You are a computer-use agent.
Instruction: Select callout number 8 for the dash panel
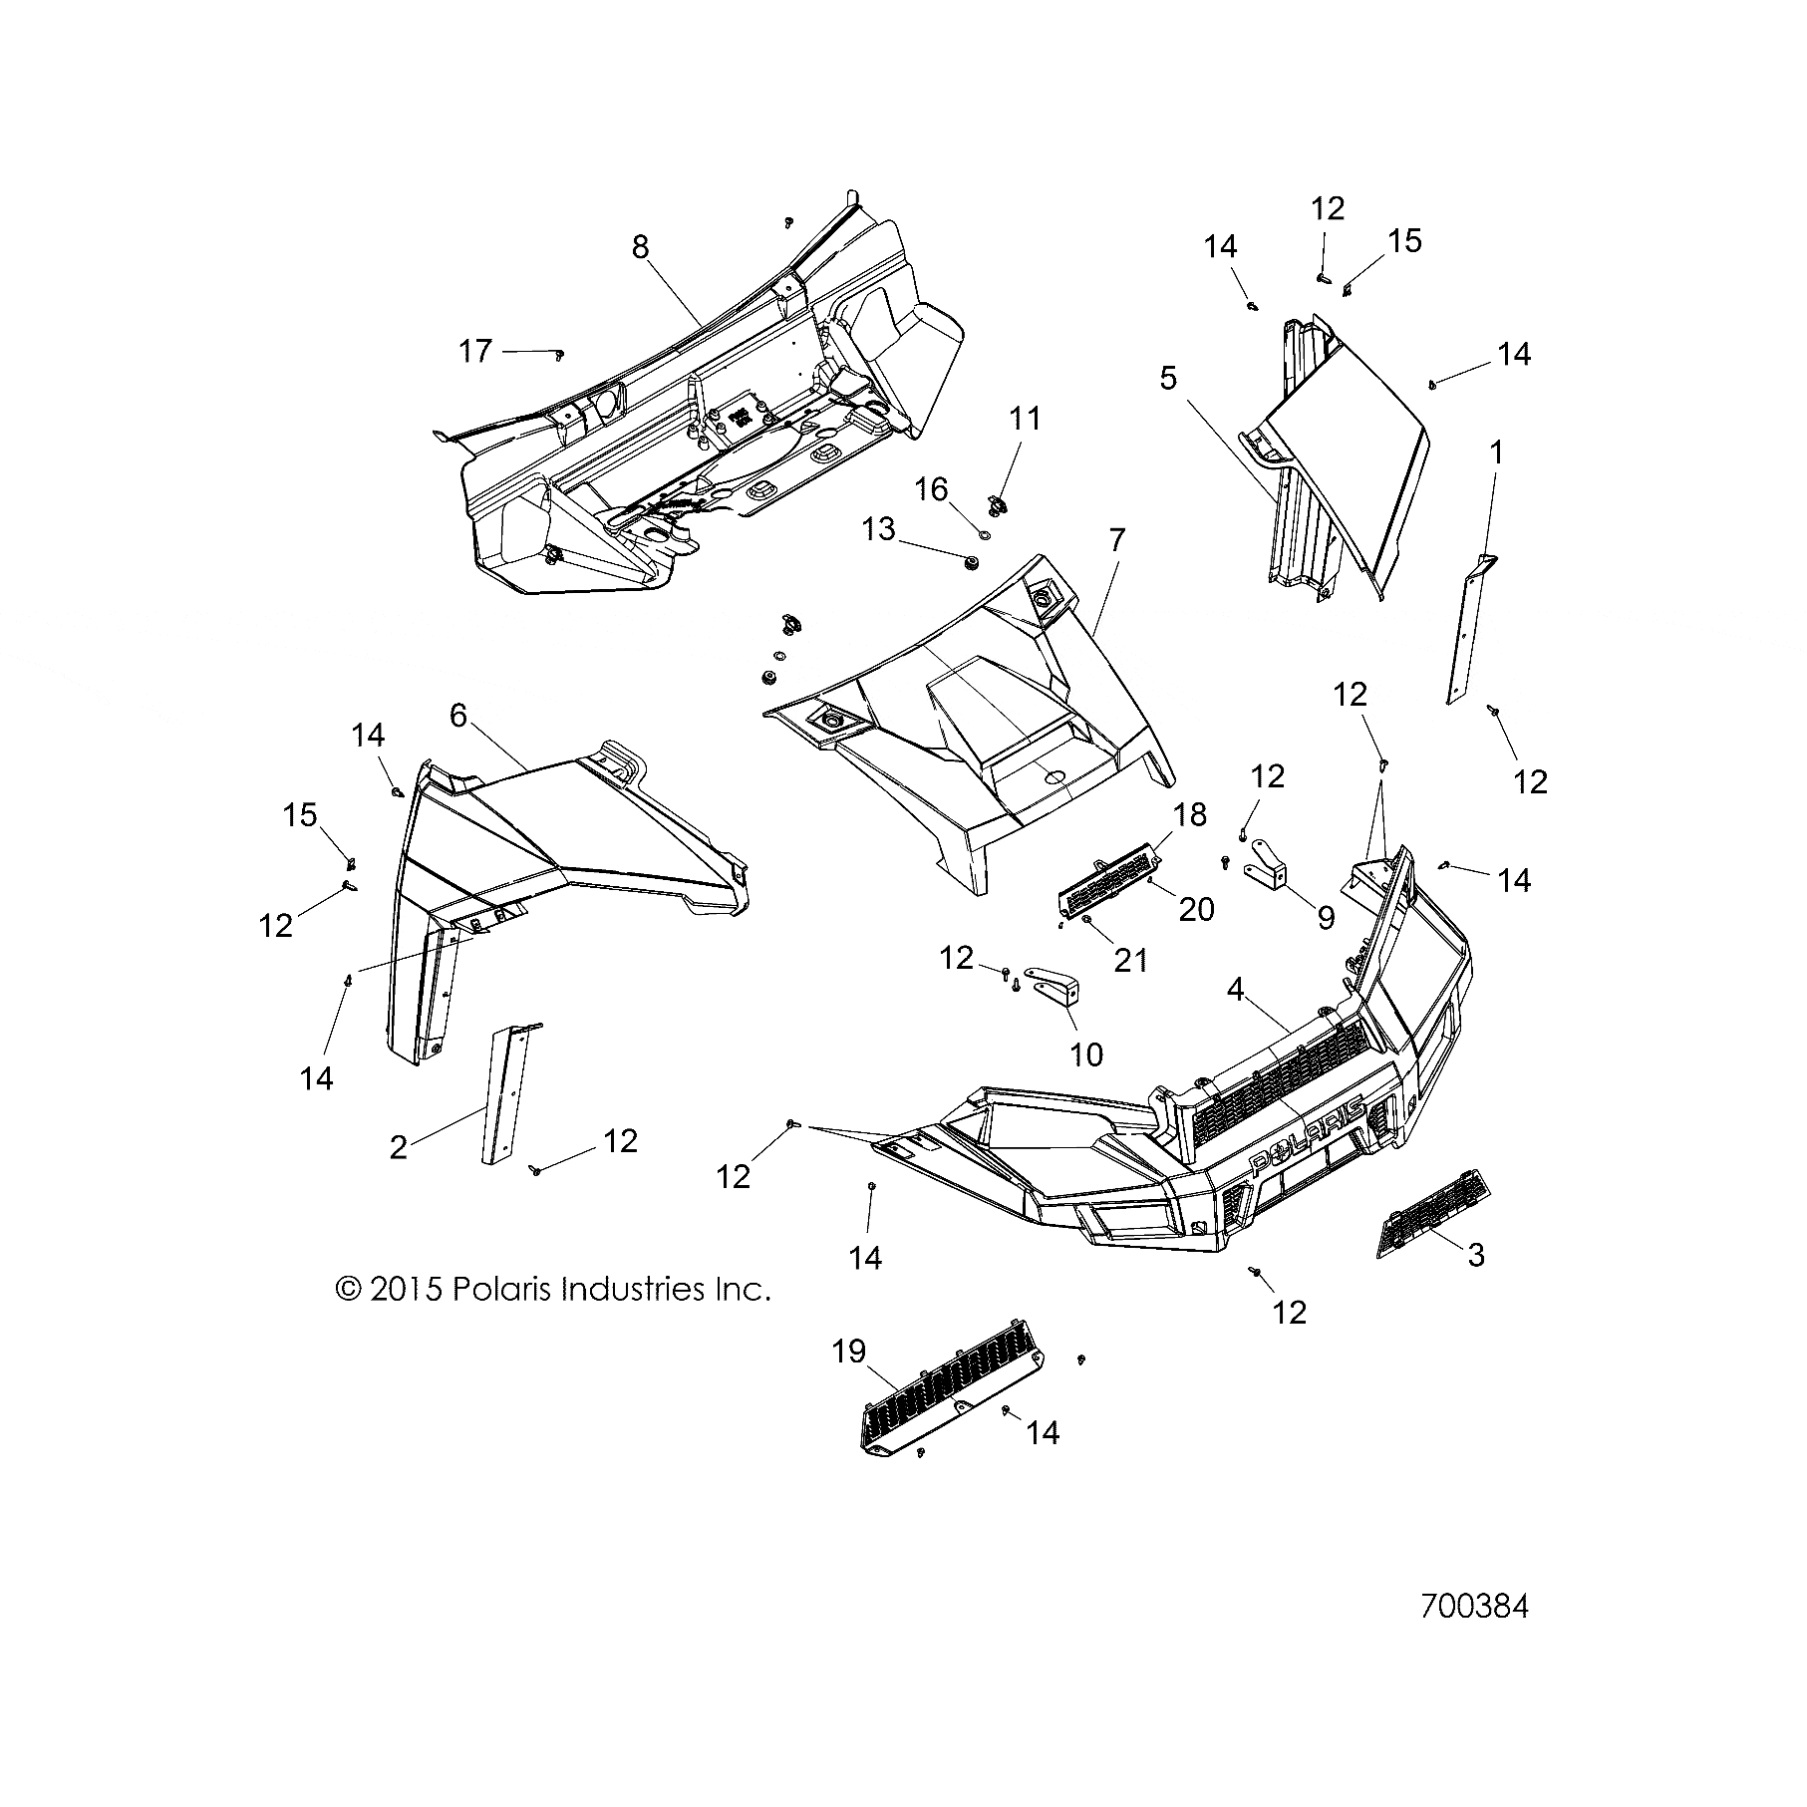click(x=640, y=246)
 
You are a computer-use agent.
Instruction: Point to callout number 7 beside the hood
click(x=1116, y=541)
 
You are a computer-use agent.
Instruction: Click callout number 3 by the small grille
click(x=1476, y=1255)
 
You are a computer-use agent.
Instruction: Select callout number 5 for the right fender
click(x=1168, y=378)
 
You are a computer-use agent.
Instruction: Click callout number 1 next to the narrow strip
click(x=1495, y=453)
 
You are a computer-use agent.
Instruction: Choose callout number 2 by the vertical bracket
click(x=399, y=1147)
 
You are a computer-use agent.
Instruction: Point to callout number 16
click(x=932, y=488)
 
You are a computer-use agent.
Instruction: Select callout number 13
click(x=879, y=528)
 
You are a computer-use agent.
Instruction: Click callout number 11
click(x=1025, y=419)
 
